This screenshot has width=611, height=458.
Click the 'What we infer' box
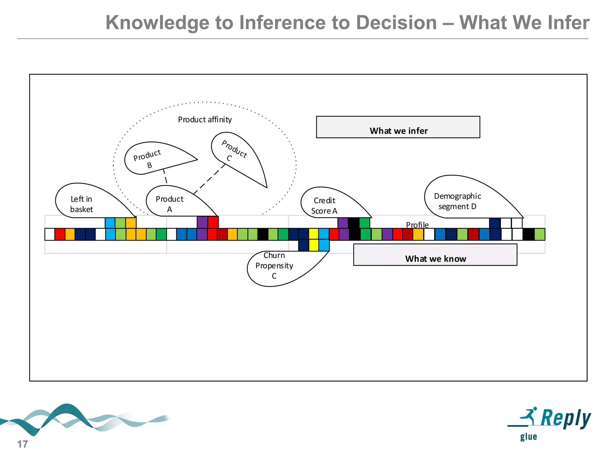[398, 127]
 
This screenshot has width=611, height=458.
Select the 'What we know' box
[435, 255]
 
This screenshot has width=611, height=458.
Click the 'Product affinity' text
[205, 120]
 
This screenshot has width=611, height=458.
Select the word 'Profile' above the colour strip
[417, 225]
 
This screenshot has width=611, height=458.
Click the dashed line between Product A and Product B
[165, 176]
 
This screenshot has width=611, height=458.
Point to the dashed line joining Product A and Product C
[209, 179]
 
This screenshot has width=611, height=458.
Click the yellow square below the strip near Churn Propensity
[314, 245]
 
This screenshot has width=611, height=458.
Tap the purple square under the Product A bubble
[202, 222]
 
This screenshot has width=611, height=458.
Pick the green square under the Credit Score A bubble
[365, 223]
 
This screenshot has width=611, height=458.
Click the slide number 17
[22, 444]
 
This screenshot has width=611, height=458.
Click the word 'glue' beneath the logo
[528, 437]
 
